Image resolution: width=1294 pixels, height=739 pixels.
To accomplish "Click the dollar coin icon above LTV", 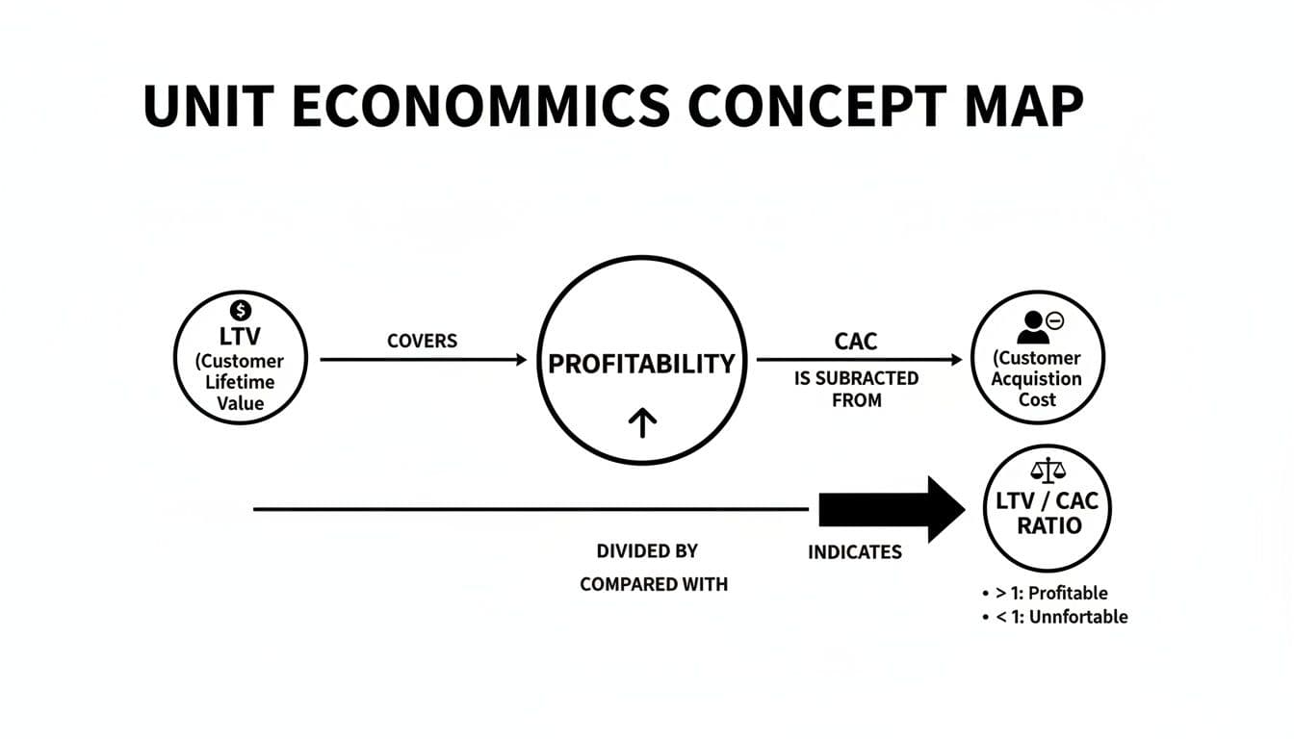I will [242, 310].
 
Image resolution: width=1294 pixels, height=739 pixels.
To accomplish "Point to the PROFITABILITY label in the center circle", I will [641, 364].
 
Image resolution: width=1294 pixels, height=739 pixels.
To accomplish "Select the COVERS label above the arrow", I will [422, 341].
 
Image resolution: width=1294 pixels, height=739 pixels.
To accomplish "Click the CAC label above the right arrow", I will [856, 341].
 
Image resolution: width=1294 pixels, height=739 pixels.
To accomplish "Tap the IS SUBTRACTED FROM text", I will [856, 389].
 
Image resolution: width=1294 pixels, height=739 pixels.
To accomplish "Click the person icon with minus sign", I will [1035, 325].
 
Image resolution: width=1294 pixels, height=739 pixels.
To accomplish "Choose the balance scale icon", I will [1048, 471].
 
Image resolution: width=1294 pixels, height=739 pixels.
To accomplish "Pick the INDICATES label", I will [855, 552].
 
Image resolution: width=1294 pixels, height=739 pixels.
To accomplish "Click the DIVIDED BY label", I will [647, 551].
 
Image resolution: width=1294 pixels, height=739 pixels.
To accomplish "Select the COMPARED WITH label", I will [654, 584].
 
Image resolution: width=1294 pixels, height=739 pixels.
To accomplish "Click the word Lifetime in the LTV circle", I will [241, 382].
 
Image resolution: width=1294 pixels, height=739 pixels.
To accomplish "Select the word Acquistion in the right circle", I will [1037, 379].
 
